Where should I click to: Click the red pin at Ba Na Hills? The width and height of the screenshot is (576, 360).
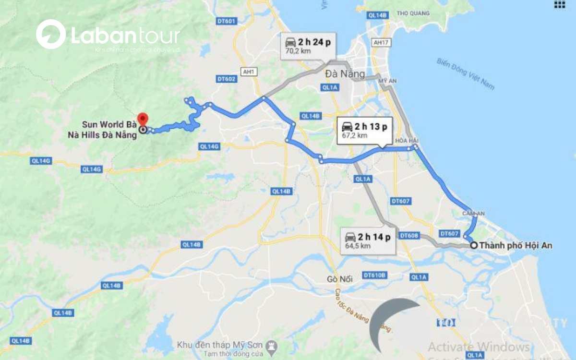pyautogui.click(x=143, y=118)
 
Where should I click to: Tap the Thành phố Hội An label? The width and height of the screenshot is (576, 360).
pyautogui.click(x=516, y=245)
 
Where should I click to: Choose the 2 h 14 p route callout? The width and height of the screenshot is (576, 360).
pyautogui.click(x=368, y=240)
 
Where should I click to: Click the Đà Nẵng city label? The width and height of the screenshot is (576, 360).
pyautogui.click(x=345, y=74)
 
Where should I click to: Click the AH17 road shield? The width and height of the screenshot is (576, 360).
pyautogui.click(x=380, y=42)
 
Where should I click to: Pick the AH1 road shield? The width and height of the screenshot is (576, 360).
pyautogui.click(x=248, y=72)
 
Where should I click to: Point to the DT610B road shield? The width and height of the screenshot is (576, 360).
pyautogui.click(x=374, y=275)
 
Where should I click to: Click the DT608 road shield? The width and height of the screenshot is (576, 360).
pyautogui.click(x=409, y=236)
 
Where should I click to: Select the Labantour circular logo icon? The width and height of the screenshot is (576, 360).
pyautogui.click(x=51, y=34)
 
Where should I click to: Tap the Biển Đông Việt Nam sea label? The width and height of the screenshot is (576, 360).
pyautogui.click(x=465, y=74)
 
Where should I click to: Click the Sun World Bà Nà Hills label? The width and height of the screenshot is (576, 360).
pyautogui.click(x=103, y=131)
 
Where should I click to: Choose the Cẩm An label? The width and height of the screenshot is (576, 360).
pyautogui.click(x=473, y=213)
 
